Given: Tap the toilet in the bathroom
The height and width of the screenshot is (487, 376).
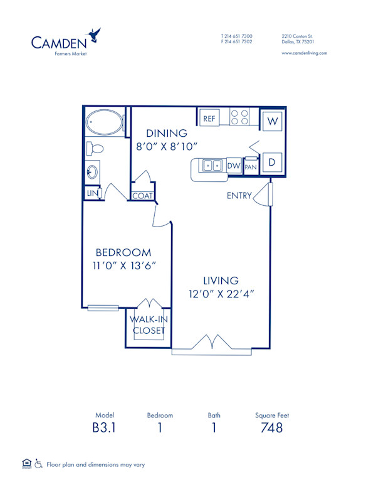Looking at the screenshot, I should click(x=95, y=149).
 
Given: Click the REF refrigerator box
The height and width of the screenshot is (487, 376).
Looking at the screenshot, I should click(x=209, y=118).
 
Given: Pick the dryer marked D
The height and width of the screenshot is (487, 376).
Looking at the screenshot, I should click(x=273, y=162).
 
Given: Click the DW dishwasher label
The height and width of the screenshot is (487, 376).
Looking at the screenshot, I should click(x=233, y=166).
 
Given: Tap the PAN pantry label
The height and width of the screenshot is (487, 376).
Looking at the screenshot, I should click(x=251, y=166).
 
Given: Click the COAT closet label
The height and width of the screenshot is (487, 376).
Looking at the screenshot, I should click(x=142, y=196).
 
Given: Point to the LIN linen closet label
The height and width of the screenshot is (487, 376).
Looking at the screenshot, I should click(x=91, y=193).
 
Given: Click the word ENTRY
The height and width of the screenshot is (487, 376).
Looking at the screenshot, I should click(x=239, y=196).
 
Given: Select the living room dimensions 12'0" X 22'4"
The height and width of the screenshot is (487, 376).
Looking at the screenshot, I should click(x=220, y=293).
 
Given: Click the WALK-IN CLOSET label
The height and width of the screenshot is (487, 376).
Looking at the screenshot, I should click(x=148, y=325).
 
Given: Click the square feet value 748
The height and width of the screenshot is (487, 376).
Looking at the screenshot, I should click(x=271, y=428).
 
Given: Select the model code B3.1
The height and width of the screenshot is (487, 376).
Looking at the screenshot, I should click(x=103, y=428).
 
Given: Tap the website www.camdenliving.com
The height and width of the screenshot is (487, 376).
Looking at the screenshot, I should click(x=305, y=53).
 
